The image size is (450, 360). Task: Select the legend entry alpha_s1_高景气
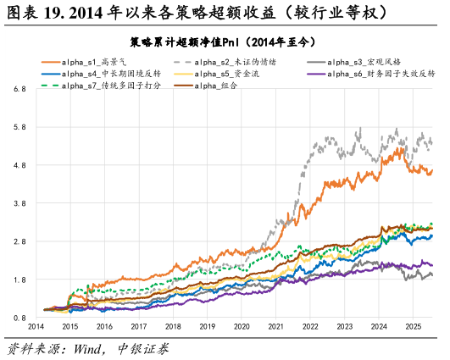point(93,62)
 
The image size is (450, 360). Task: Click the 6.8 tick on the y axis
point(19,89)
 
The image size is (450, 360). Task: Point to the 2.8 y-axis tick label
point(19,241)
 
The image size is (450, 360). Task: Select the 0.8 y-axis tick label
point(19,318)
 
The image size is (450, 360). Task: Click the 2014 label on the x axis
point(36,326)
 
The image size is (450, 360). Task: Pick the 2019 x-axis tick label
point(208,326)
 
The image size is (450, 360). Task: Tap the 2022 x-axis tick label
point(310,326)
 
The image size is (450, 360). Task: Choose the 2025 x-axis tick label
point(413,326)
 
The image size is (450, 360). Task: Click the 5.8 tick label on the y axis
point(19,127)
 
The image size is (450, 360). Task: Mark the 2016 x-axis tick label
point(105,326)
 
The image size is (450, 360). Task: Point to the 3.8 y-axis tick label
point(19,203)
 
